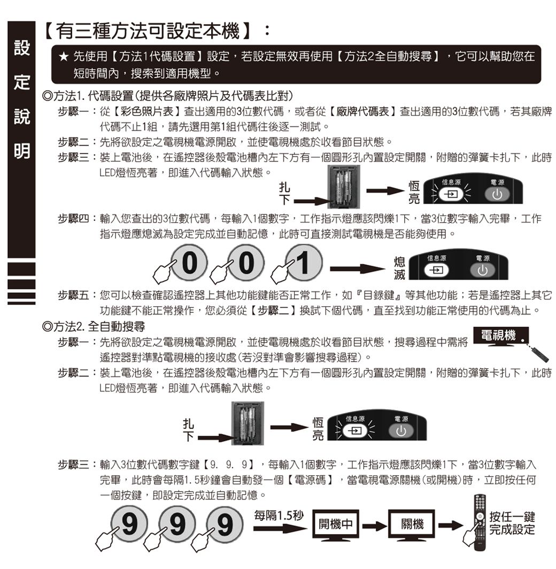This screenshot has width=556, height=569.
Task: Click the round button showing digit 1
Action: click(x=304, y=263)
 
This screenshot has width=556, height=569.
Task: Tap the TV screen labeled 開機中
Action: click(x=336, y=524)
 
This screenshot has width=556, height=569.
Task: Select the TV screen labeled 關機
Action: click(x=412, y=524)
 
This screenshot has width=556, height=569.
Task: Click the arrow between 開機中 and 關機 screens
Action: click(x=374, y=526)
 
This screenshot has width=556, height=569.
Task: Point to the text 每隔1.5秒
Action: click(x=279, y=515)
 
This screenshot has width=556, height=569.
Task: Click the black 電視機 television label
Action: click(x=501, y=335)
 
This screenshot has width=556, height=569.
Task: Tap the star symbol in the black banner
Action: click(x=64, y=57)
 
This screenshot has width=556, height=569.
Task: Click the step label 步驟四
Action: click(x=73, y=218)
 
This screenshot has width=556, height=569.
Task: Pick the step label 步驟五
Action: click(x=73, y=295)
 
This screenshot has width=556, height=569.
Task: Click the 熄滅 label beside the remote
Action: click(x=399, y=268)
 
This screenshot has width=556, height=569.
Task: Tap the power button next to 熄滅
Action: click(x=482, y=271)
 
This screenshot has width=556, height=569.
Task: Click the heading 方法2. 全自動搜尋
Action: click(x=94, y=327)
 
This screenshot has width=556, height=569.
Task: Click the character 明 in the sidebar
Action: click(x=22, y=151)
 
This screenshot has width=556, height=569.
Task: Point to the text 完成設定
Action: click(x=512, y=529)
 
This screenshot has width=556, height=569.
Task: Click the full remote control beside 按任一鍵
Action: click(x=480, y=522)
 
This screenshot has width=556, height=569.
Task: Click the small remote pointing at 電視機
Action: click(x=538, y=353)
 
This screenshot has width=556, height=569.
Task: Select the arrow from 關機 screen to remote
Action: click(x=450, y=525)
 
